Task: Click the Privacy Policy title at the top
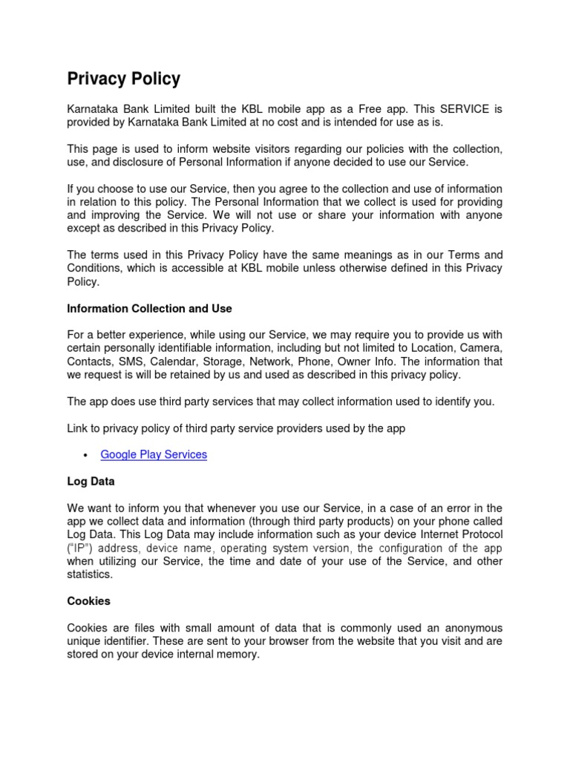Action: click(x=123, y=79)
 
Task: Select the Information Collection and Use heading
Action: click(x=149, y=308)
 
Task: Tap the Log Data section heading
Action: click(x=91, y=482)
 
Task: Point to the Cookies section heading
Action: click(x=89, y=601)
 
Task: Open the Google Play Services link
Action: click(x=154, y=454)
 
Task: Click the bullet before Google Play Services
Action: click(x=86, y=455)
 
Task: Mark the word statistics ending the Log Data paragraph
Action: click(x=90, y=575)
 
